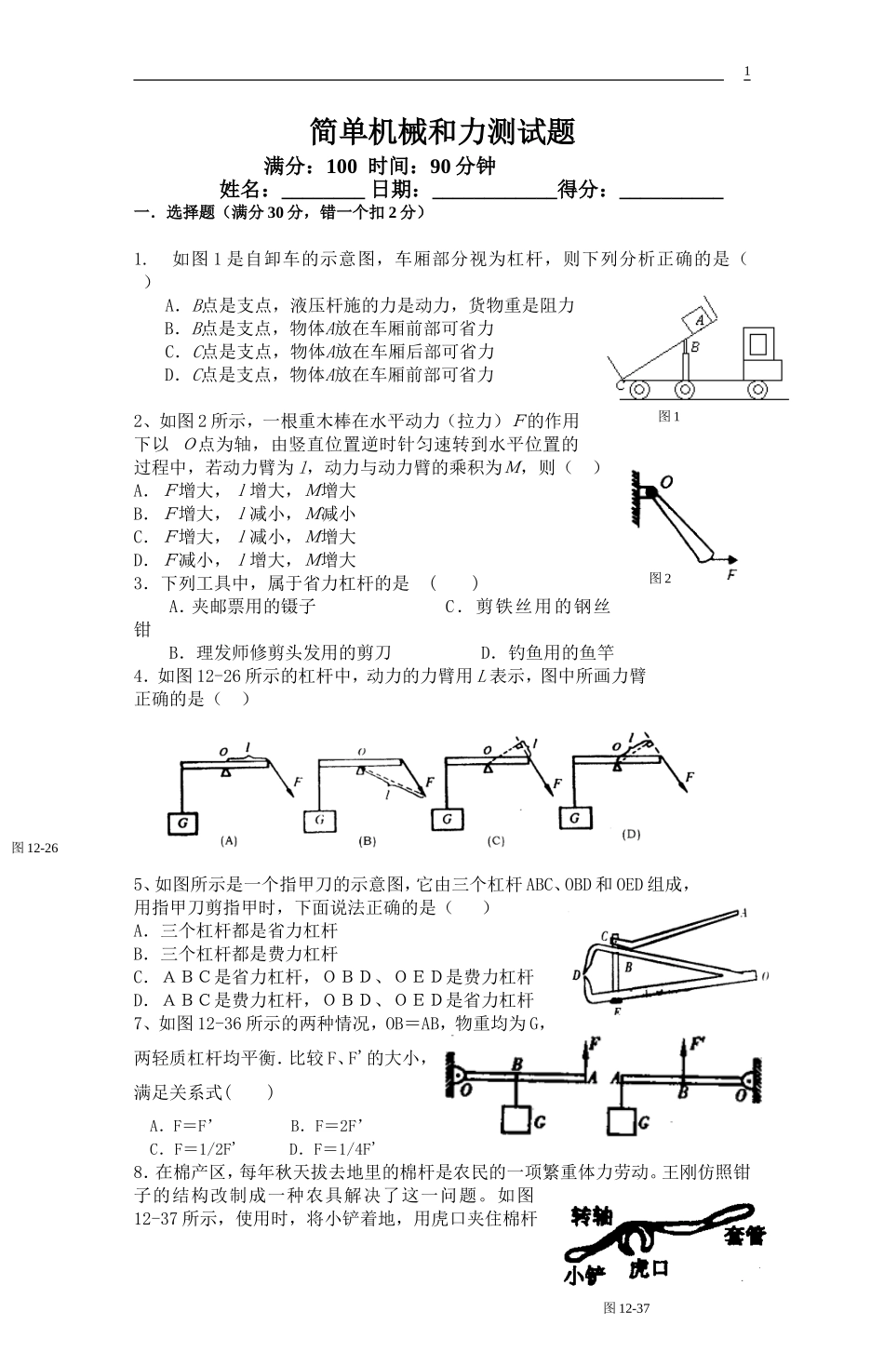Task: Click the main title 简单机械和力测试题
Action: click(442, 131)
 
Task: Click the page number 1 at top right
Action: click(746, 73)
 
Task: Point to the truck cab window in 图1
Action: click(759, 343)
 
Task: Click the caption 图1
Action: click(669, 416)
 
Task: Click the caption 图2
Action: click(660, 578)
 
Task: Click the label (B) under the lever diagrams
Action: click(368, 840)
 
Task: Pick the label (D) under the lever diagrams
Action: click(631, 834)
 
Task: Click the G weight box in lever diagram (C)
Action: click(448, 818)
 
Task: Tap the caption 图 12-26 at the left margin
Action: click(34, 847)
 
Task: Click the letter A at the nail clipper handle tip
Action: click(743, 913)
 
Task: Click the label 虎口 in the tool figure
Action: click(650, 1268)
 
